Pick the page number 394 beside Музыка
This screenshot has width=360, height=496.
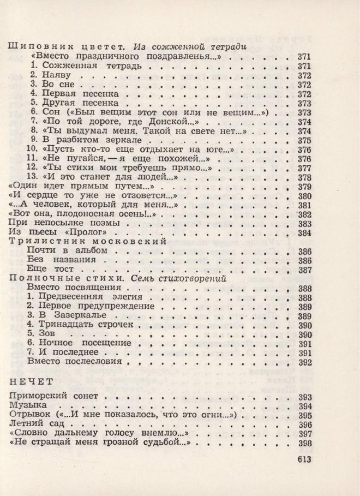(x=304, y=407)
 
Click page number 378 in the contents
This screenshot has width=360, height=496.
(x=304, y=178)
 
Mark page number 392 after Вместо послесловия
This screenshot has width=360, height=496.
(x=304, y=362)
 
